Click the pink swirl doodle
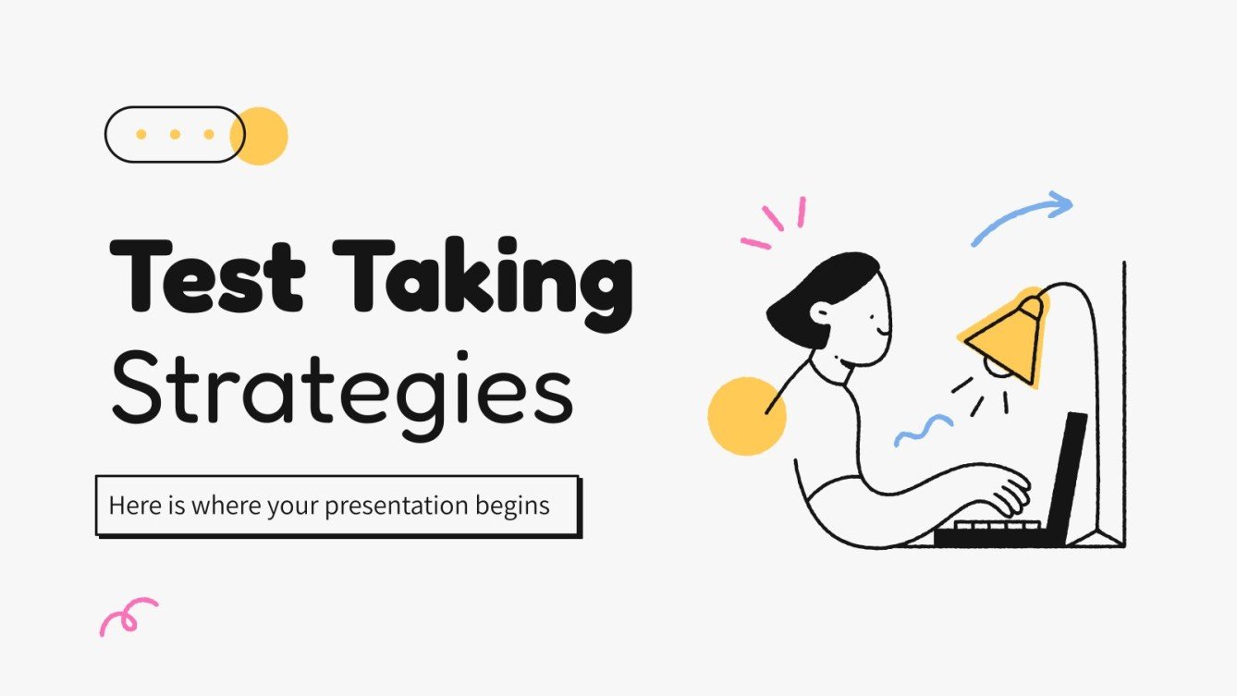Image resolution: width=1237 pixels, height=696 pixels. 127,616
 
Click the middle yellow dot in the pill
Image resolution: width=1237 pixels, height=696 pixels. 175,135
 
